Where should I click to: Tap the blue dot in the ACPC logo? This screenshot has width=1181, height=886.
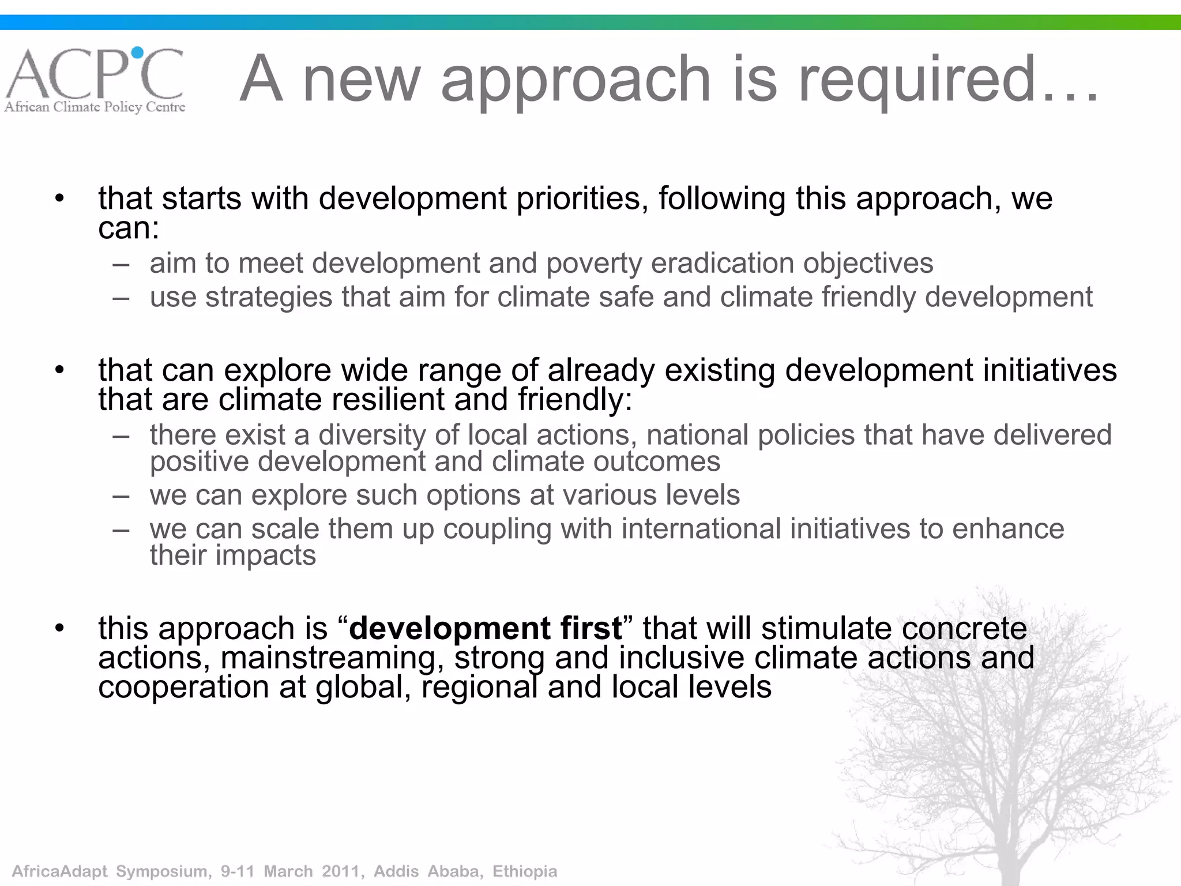click(137, 53)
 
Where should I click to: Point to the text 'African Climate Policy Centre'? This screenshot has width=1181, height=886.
click(95, 107)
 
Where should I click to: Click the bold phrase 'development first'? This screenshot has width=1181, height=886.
click(486, 628)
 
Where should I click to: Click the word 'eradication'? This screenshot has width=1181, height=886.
click(723, 263)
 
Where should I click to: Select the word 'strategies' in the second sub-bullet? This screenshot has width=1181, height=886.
click(269, 298)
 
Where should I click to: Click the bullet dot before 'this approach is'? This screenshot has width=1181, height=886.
click(59, 629)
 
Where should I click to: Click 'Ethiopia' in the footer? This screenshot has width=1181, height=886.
click(524, 871)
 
